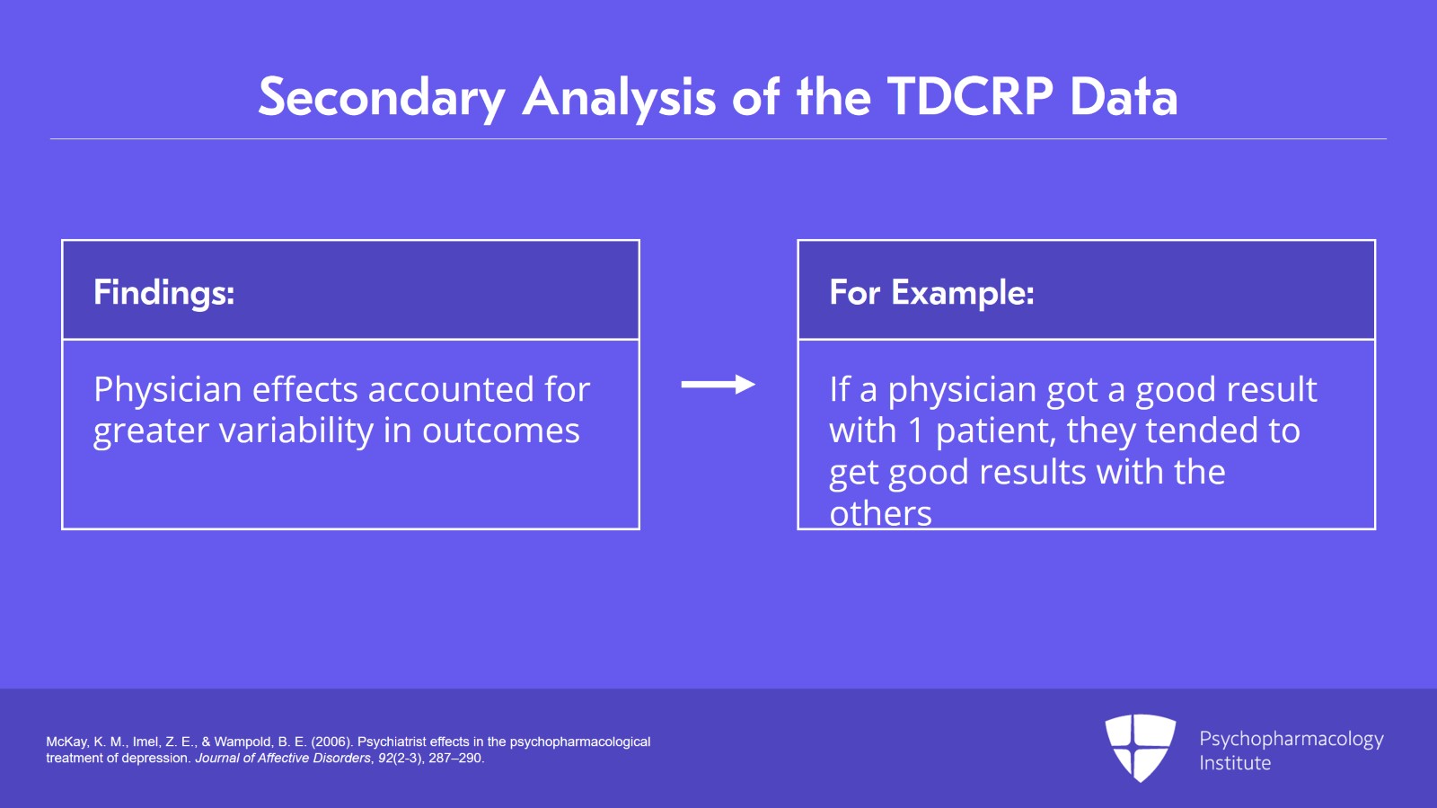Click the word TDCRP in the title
click(970, 97)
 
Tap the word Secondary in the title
click(382, 98)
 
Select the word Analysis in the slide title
click(619, 98)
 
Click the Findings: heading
click(164, 293)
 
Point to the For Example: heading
click(931, 292)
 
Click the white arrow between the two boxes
click(718, 385)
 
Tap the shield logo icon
click(1140, 748)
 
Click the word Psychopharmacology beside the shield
click(1292, 740)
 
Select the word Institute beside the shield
click(1235, 763)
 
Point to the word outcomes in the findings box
click(501, 431)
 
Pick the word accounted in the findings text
click(450, 389)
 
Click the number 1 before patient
click(915, 430)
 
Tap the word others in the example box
click(880, 514)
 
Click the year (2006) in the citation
click(331, 741)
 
